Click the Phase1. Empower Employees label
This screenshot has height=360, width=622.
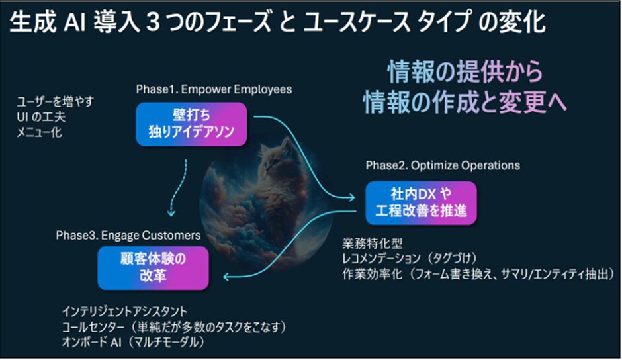(214, 89)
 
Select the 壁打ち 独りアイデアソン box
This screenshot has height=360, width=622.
(192, 124)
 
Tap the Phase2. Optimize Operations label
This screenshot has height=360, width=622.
(443, 165)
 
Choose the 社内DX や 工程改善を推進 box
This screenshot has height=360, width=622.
(421, 202)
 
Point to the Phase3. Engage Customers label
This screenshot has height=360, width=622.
(128, 236)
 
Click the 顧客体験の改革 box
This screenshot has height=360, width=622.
(153, 268)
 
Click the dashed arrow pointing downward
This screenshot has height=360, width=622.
(179, 187)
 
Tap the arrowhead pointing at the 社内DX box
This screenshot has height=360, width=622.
(350, 197)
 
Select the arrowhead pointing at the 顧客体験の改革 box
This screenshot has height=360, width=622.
(228, 276)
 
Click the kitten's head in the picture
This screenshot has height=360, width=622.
(277, 155)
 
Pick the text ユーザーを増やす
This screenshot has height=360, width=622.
(55, 102)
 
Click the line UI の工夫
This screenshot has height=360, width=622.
(41, 117)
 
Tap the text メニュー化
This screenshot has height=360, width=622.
(39, 132)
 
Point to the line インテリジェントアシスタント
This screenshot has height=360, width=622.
(124, 311)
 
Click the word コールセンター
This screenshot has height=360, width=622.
(93, 327)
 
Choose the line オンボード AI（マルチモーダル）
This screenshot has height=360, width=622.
(133, 342)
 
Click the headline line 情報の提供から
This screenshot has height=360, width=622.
(465, 72)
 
